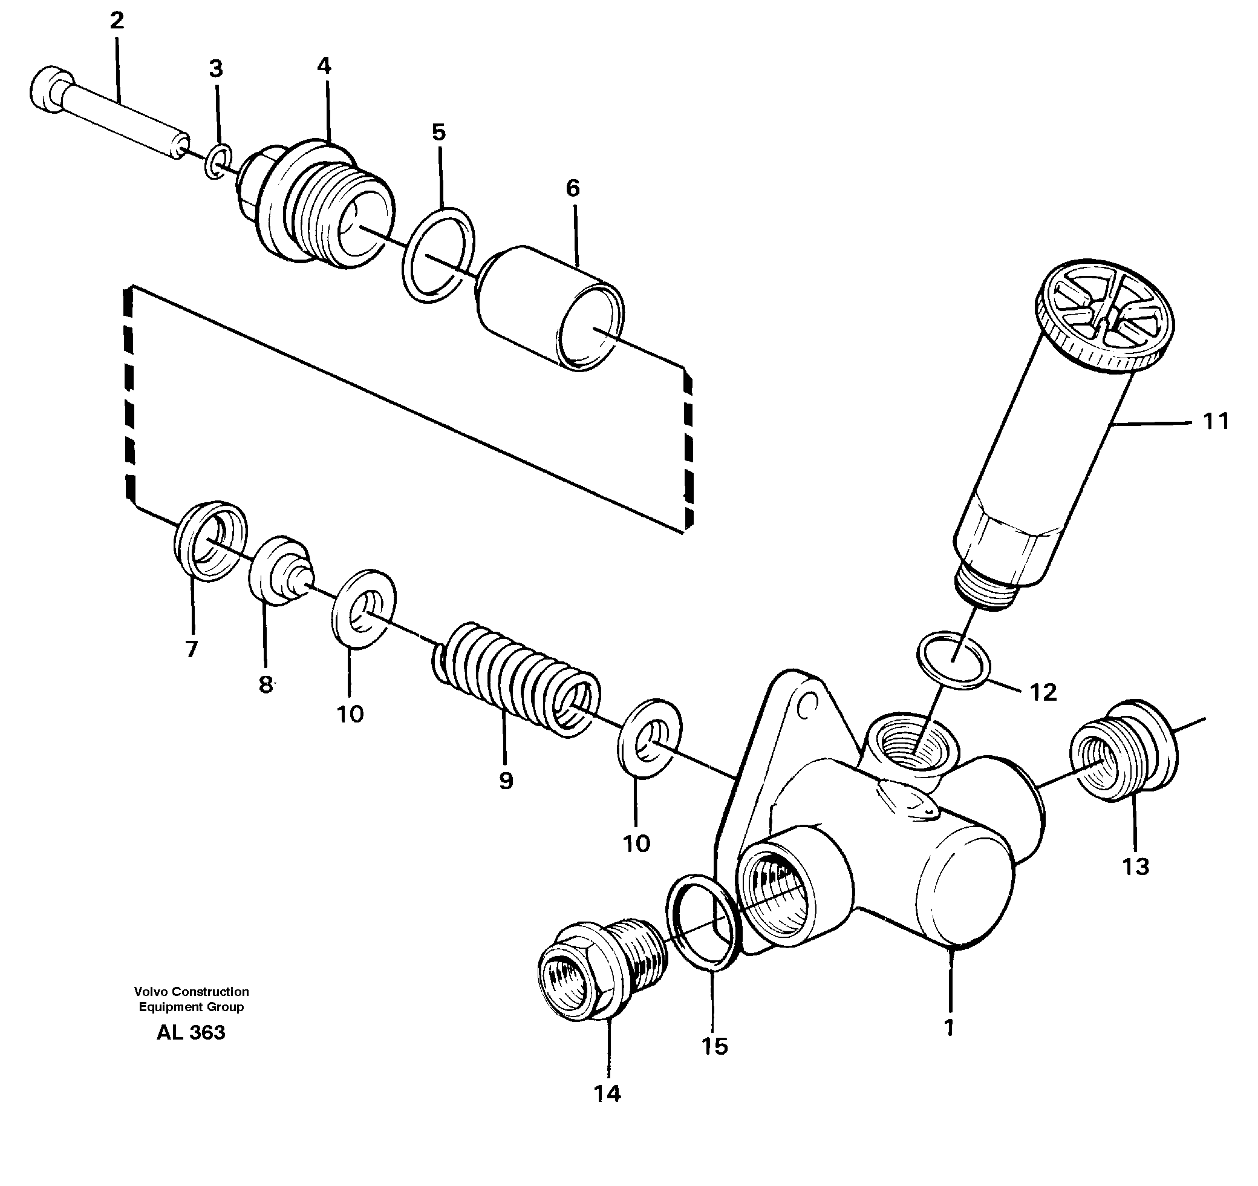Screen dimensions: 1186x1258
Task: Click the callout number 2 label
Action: pos(117,22)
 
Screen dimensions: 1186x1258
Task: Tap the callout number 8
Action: pos(266,684)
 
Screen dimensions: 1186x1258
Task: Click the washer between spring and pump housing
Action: pos(649,738)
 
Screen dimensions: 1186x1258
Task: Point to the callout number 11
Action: pos(1215,421)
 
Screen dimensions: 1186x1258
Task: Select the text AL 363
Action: pos(191,1033)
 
